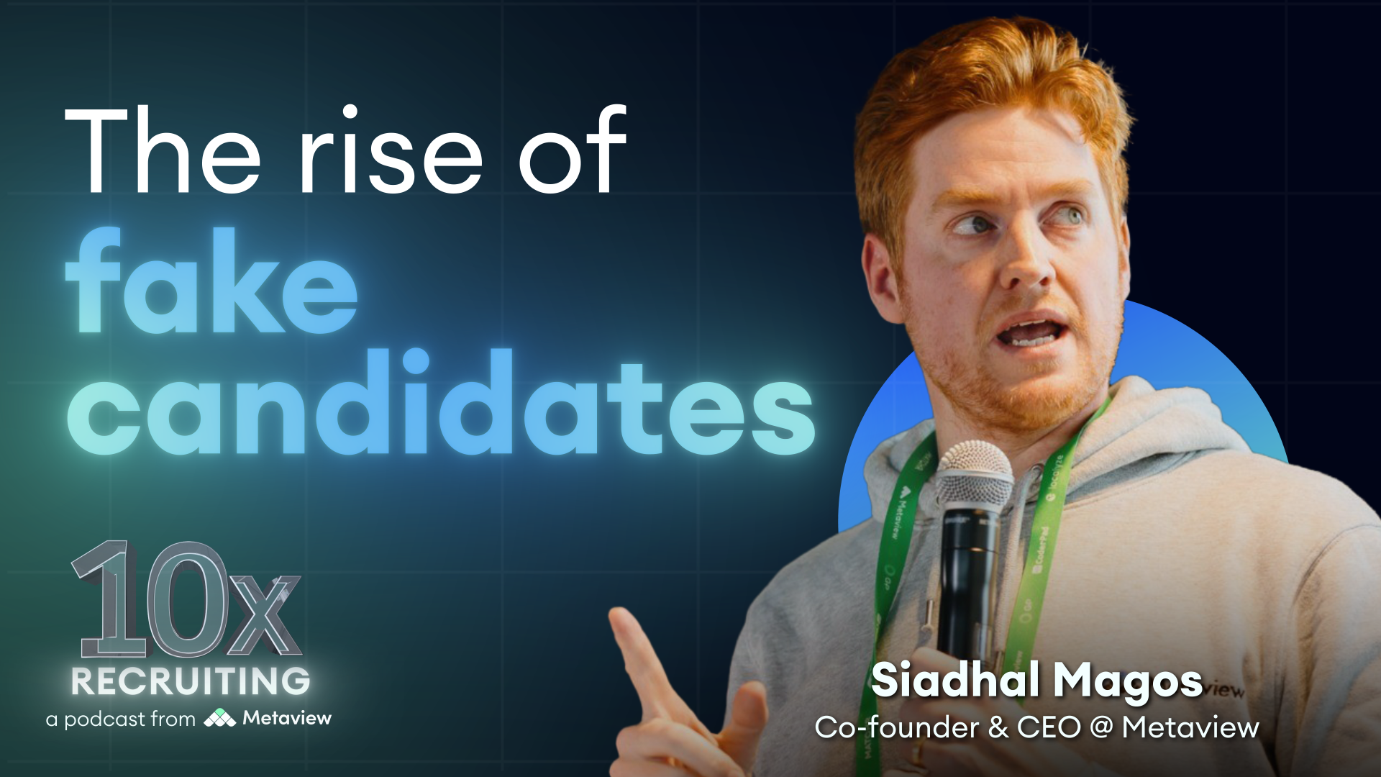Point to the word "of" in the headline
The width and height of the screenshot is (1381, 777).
[573, 151]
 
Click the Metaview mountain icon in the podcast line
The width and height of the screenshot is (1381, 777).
[219, 718]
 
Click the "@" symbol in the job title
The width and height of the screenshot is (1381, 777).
[1101, 728]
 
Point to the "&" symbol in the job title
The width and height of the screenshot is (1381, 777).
[998, 727]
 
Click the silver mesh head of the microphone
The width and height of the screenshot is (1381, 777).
[974, 476]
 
